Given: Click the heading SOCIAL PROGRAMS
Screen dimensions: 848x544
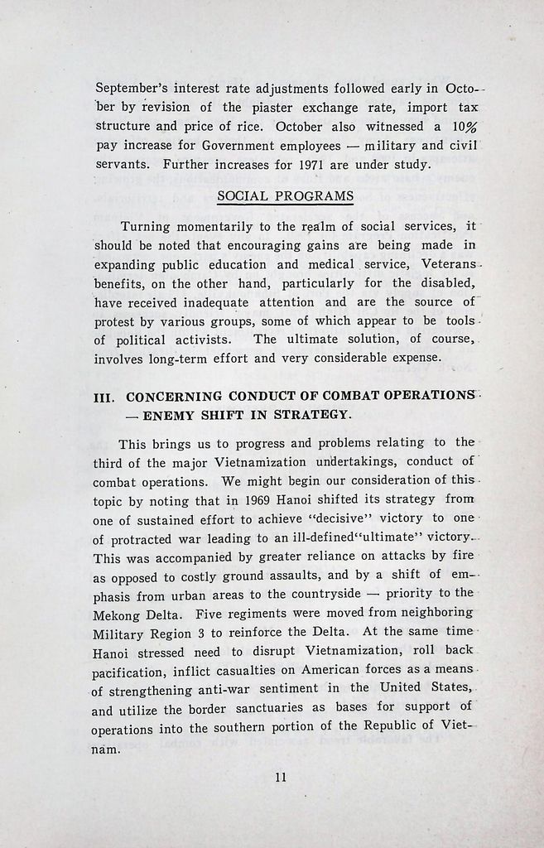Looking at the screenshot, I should coord(285,196).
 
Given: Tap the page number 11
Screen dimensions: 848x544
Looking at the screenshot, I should coord(280,777).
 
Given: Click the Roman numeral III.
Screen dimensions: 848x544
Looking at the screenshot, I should coord(105,397).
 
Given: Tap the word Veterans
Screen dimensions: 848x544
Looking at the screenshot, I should coord(448,264).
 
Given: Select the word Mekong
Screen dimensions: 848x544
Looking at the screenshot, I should coord(116,614).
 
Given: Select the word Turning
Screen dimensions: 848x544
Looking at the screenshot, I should coord(147,226).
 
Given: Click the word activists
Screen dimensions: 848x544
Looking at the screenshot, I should coord(195,340).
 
